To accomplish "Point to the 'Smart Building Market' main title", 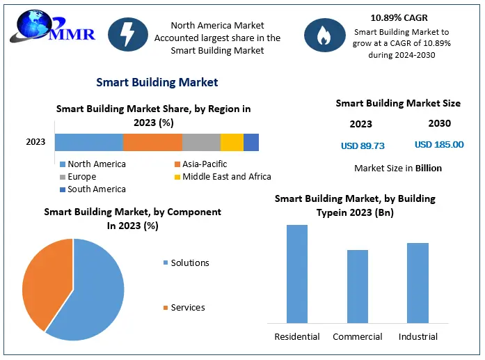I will pos(157,82).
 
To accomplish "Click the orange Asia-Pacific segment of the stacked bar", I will pos(152,142).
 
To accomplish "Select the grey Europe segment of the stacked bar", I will pos(201,142).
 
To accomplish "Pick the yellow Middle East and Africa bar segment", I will pos(232,142).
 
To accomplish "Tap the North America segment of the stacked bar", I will pos(89,142).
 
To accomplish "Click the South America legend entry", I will pos(93,189).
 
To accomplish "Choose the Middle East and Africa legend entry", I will pos(222,177).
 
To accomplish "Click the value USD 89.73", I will pos(363,146).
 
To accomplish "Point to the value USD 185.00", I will pos(438,145).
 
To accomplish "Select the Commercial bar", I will pos(358,286).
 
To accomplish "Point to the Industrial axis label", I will pos(418,337).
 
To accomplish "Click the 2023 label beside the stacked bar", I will pos(35,142).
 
